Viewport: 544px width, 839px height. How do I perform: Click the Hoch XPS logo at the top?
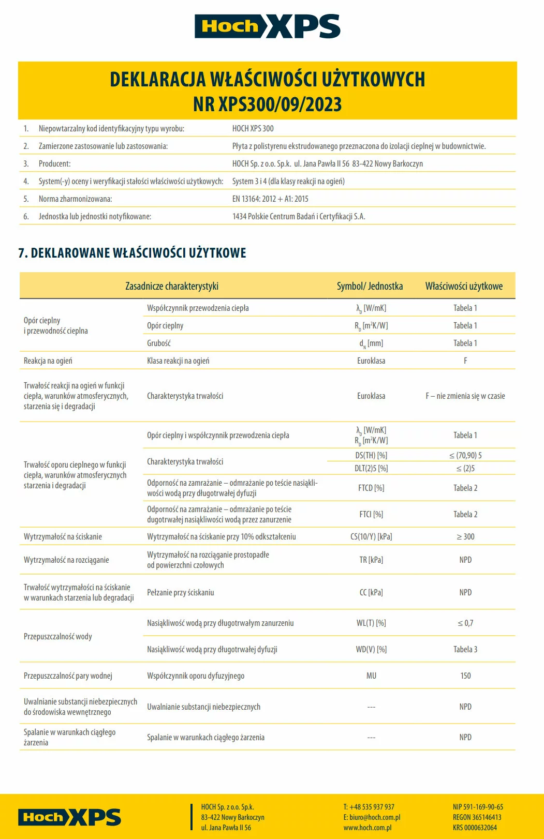[267, 26]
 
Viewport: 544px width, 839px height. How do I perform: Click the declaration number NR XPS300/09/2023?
[267, 104]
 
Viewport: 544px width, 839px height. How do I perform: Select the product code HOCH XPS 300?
[253, 129]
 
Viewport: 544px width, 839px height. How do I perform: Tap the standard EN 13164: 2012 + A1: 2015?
[270, 199]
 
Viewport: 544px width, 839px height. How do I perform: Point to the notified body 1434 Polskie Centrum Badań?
[299, 217]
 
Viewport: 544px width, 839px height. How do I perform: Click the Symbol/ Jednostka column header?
[370, 286]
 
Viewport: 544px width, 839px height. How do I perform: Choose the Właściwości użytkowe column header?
[464, 286]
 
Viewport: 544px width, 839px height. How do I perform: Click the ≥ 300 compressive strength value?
[465, 537]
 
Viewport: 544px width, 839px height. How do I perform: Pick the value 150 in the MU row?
[465, 676]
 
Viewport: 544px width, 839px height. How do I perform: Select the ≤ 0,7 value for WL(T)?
[465, 623]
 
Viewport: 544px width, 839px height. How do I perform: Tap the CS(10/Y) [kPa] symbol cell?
[371, 537]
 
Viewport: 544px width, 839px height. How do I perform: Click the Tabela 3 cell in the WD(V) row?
[465, 650]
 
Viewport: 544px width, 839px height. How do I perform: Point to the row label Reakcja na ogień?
[48, 361]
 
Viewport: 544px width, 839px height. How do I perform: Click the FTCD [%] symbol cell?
[371, 488]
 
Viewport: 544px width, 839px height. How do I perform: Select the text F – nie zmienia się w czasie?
[465, 396]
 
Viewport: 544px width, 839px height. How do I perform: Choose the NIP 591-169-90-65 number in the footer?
[478, 807]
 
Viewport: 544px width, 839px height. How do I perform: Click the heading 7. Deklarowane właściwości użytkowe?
[132, 253]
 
